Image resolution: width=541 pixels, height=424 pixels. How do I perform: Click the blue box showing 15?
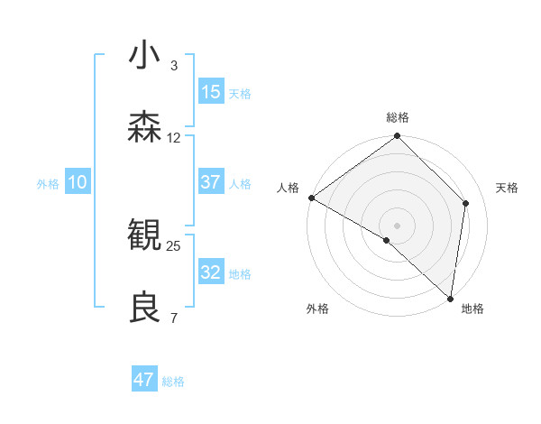(x=211, y=92)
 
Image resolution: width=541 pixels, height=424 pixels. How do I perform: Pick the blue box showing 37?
(x=211, y=182)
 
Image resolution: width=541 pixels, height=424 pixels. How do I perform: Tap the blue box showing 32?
(x=211, y=272)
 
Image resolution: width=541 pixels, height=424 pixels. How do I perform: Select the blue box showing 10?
(x=78, y=182)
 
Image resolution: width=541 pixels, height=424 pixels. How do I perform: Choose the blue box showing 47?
(x=144, y=380)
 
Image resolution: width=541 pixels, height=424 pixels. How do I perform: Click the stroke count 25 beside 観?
(x=173, y=245)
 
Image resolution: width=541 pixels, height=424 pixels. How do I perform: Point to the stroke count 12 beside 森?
(x=174, y=138)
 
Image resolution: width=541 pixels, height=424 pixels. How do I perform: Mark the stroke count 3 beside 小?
(x=174, y=65)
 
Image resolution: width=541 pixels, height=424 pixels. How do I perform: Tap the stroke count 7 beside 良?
(x=174, y=318)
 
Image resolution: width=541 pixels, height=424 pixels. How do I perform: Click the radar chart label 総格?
(x=398, y=117)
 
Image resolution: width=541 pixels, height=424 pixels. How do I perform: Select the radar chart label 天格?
(x=507, y=188)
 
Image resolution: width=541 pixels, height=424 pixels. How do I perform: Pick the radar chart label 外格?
(x=317, y=309)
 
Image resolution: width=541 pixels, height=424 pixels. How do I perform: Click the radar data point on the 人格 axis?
(x=311, y=198)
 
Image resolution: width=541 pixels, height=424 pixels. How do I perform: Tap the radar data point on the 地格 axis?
(x=450, y=298)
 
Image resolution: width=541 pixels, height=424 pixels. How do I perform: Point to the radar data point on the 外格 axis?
(x=387, y=240)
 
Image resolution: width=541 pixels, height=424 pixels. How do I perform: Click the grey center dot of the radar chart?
(x=398, y=225)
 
